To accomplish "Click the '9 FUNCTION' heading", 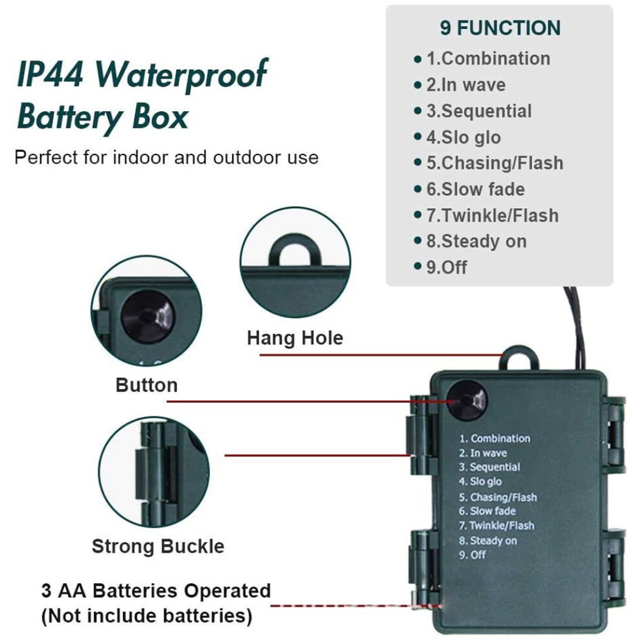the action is pos(500,28).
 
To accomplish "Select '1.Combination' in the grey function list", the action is pos(488,58).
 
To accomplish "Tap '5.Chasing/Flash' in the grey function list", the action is pos(495,163).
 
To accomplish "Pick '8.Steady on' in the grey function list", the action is pos(476,241).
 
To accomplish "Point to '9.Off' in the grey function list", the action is pos(447,268).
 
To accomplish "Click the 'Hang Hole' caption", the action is pos(295,338).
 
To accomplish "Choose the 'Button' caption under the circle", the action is pos(147,385).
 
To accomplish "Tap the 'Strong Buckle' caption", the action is pos(158,546).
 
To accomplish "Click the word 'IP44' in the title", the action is pos(50,74).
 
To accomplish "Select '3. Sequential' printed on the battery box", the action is pos(489,467).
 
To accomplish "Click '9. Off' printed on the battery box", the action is pos(472,555).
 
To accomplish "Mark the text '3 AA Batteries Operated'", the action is pos(156,591).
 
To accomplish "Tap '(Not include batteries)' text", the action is pos(147,616).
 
